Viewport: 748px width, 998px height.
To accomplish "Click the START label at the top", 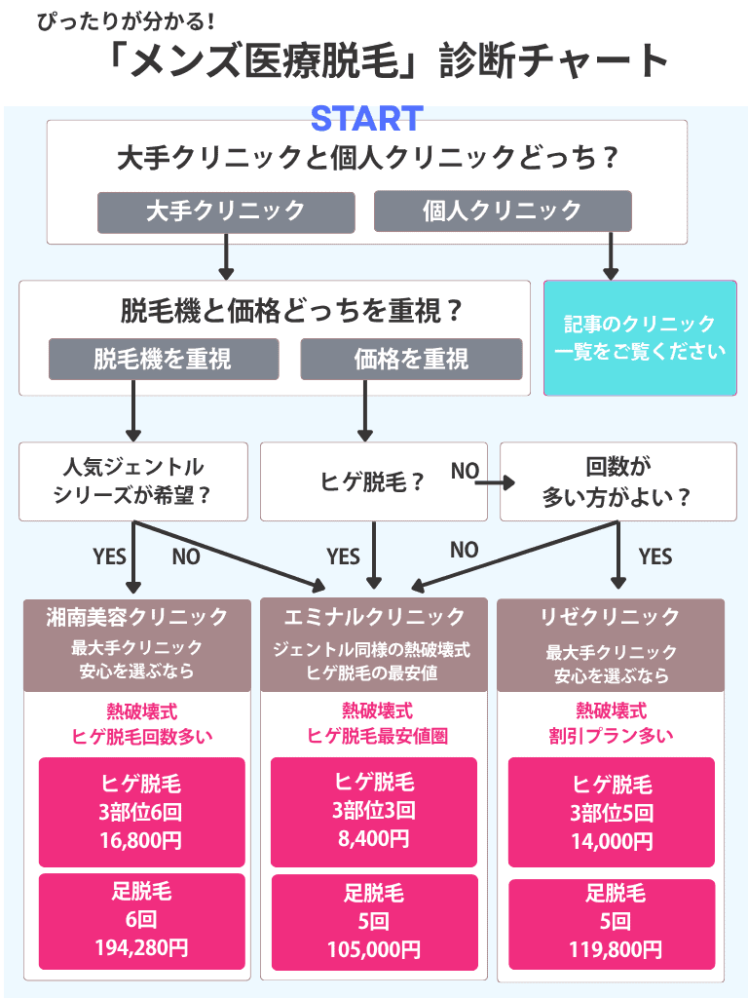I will (366, 118).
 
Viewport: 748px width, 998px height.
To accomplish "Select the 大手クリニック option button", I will (225, 211).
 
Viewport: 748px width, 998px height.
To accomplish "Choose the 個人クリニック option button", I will (503, 211).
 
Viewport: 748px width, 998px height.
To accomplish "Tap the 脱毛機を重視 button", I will (164, 359).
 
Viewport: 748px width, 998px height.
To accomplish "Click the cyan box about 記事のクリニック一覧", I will (640, 338).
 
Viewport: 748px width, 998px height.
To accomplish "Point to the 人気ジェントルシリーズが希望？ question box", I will (133, 481).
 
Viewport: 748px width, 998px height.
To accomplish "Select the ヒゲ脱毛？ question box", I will (374, 481).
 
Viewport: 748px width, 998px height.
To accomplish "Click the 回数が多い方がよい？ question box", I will (617, 481).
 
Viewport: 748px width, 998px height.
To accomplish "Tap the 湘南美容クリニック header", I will (137, 617).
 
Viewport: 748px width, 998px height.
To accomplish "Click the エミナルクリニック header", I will (374, 617).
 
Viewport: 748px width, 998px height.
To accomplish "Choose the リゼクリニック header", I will (610, 617).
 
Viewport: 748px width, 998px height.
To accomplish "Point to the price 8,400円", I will (374, 837).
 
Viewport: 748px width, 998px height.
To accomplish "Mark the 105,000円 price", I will (374, 948).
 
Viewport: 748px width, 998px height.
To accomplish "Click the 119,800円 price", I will (612, 948).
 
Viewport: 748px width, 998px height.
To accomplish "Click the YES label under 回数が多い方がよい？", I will (654, 557).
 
